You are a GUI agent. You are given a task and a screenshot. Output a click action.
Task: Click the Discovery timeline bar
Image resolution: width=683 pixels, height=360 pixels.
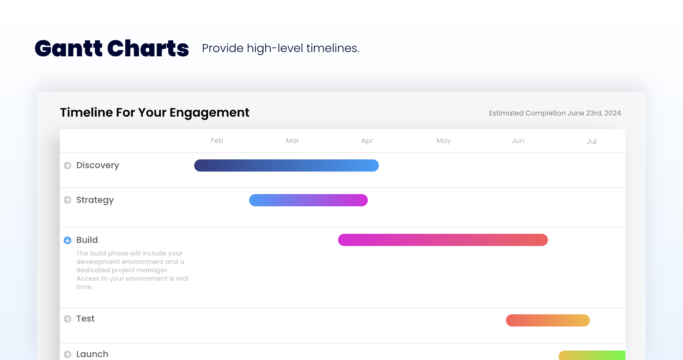click(x=286, y=166)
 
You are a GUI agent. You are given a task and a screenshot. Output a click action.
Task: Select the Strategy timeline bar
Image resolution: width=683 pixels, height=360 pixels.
click(x=308, y=200)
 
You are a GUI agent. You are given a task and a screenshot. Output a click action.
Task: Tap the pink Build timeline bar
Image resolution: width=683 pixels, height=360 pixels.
click(x=443, y=240)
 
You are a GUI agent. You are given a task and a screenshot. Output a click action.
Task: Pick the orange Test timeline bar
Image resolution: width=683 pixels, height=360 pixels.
click(x=548, y=320)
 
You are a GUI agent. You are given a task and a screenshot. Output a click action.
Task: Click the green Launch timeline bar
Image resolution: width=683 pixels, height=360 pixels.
click(x=592, y=355)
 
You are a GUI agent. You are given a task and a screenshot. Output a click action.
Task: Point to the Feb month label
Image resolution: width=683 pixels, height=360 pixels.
click(x=217, y=141)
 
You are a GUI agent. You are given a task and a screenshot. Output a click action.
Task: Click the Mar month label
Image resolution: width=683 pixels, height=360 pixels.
click(x=293, y=141)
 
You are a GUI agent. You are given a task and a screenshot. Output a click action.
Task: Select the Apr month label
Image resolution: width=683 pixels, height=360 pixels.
click(x=367, y=141)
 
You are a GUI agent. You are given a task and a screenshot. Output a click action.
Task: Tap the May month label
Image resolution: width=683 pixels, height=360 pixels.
click(x=444, y=141)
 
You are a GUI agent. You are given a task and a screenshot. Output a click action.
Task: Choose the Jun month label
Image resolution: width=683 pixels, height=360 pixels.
click(x=518, y=141)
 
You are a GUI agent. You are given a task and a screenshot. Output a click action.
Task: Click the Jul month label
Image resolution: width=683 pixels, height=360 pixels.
click(x=591, y=141)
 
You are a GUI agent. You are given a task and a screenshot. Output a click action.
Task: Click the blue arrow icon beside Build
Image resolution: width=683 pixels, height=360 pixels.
click(x=68, y=240)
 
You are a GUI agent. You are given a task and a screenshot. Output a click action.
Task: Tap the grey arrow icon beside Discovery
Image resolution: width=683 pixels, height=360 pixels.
click(x=68, y=166)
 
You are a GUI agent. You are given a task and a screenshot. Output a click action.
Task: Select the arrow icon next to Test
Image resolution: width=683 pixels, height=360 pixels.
click(x=68, y=319)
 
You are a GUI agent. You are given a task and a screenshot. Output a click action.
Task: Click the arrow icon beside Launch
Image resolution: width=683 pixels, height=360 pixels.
click(x=68, y=354)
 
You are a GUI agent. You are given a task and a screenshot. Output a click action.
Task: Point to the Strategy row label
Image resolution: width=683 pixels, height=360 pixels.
click(x=95, y=200)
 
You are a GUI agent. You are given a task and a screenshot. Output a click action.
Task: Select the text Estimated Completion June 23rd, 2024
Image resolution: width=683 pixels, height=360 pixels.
click(x=555, y=113)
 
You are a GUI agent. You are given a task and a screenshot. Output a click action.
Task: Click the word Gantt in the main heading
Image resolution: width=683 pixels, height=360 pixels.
click(x=68, y=49)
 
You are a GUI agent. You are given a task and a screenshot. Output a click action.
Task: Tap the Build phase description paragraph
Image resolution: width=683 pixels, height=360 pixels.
click(x=132, y=270)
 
